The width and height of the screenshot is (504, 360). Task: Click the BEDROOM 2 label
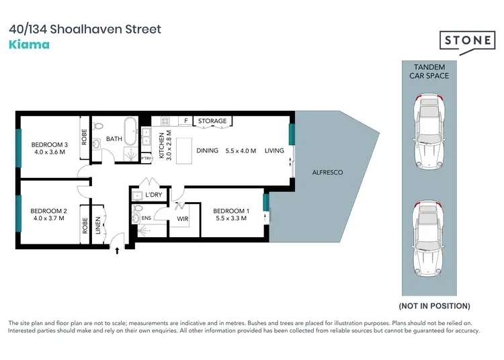point(50,212)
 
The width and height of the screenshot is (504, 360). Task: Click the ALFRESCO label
point(328,173)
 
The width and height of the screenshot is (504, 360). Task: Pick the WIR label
point(181,218)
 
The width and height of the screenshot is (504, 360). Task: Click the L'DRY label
point(153,195)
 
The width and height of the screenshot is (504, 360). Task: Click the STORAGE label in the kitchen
point(212,121)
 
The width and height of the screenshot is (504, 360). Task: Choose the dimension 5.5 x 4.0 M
point(241,150)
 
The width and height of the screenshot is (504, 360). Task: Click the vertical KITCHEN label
point(161,145)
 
